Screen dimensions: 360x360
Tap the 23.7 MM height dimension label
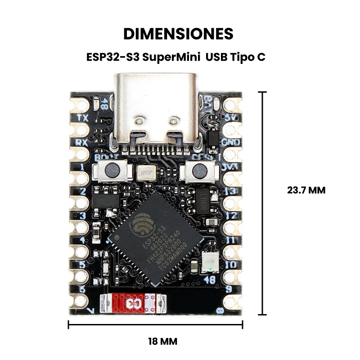pyautogui.click(x=306, y=190)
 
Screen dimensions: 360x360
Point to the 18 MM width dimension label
pyautogui.click(x=162, y=342)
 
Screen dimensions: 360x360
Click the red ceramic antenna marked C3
pyautogui.click(x=133, y=304)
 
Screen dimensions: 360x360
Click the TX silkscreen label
pyautogui.click(x=82, y=118)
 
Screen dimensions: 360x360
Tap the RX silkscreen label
pyautogui.click(x=82, y=142)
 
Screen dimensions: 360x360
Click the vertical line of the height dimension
pyautogui.click(x=263, y=202)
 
